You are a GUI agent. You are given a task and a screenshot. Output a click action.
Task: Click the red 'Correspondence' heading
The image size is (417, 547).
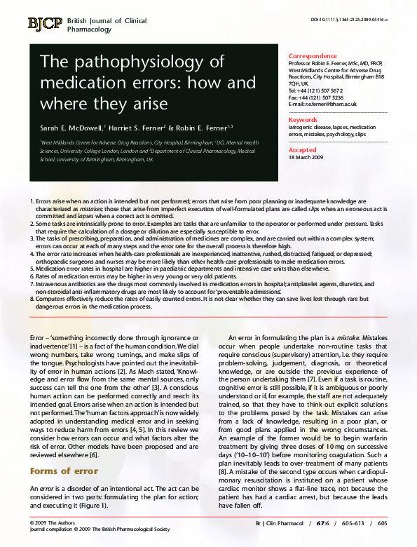coord(312,56)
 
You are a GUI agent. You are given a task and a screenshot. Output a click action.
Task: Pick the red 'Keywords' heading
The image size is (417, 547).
coord(303,120)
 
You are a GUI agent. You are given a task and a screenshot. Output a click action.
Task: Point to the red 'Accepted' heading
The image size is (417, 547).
coord(303,150)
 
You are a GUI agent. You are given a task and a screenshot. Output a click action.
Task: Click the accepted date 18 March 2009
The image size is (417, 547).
coord(306,158)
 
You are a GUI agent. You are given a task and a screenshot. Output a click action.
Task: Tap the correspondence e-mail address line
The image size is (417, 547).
coord(322,104)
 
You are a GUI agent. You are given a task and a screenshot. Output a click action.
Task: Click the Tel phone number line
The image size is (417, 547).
coord(315,90)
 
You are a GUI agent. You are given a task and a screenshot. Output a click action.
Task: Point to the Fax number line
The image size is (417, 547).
coord(315,97)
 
